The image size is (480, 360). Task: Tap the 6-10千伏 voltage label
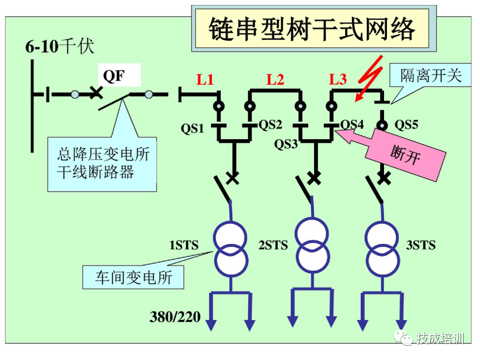[x=59, y=47]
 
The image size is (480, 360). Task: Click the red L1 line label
[x=205, y=79]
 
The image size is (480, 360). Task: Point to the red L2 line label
[x=275, y=79]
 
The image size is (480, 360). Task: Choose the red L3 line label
[x=337, y=79]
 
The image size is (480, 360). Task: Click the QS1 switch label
[x=192, y=129]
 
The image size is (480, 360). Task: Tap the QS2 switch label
[x=270, y=124]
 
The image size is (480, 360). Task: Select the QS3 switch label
[x=286, y=144]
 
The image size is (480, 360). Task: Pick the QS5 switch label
[x=406, y=124]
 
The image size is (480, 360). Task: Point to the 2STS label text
[x=273, y=245]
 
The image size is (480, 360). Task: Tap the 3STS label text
[x=420, y=245]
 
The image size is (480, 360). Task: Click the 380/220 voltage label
[x=175, y=316]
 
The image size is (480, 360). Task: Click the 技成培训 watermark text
[x=439, y=338]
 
